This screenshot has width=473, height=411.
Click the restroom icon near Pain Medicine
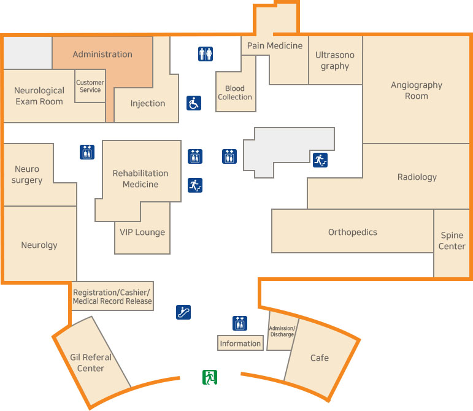coord(206,54)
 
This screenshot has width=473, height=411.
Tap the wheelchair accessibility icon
coord(194,103)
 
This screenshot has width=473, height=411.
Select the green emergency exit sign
coord(210,377)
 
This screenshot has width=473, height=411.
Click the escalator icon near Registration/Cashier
coord(183,312)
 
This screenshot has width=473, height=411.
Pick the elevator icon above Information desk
coord(240,323)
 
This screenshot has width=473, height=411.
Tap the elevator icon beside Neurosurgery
coord(87,152)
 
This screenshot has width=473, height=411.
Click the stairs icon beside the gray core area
coord(320,160)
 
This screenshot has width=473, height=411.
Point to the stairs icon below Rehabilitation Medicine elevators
coord(194,184)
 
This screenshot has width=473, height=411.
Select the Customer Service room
coord(90,86)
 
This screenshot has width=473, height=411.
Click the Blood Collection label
coord(235,93)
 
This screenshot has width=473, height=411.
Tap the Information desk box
coord(240,344)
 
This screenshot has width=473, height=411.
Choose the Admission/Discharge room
coord(282,331)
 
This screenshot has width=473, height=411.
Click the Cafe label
coord(319,358)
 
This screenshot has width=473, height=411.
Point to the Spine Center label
coord(452,240)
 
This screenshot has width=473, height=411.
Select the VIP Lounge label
coord(142,232)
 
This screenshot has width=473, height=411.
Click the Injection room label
coord(148,103)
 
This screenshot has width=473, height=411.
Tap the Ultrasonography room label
coord(335,60)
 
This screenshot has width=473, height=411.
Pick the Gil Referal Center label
coord(91,363)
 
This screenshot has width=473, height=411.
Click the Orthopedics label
coord(353,232)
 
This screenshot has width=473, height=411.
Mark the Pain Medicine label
coord(275,45)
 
